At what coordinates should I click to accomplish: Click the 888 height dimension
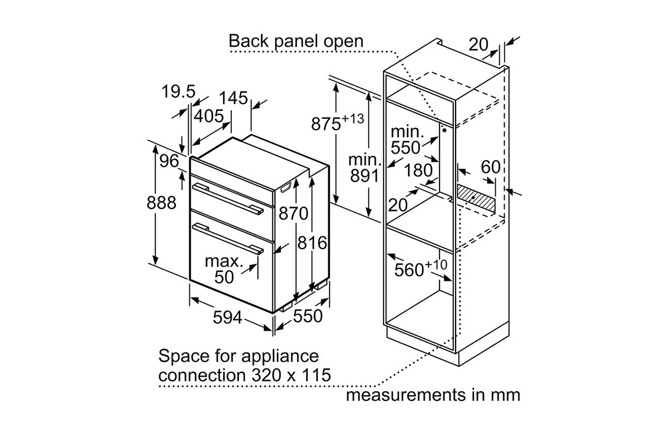(161, 202)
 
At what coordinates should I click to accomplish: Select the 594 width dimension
(228, 318)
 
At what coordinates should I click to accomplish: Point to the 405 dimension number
(208, 117)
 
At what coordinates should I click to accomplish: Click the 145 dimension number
(233, 99)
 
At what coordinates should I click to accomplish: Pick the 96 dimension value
(168, 162)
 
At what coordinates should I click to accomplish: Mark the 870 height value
(293, 214)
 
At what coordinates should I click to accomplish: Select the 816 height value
(312, 243)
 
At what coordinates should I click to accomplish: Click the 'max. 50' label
(223, 269)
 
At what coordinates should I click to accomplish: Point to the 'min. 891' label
(364, 168)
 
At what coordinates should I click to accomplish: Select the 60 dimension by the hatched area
(491, 167)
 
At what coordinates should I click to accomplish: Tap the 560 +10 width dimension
(421, 269)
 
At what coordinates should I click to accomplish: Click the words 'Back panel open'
(296, 41)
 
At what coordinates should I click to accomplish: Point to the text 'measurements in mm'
(433, 395)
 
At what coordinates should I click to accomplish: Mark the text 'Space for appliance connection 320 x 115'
(245, 365)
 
